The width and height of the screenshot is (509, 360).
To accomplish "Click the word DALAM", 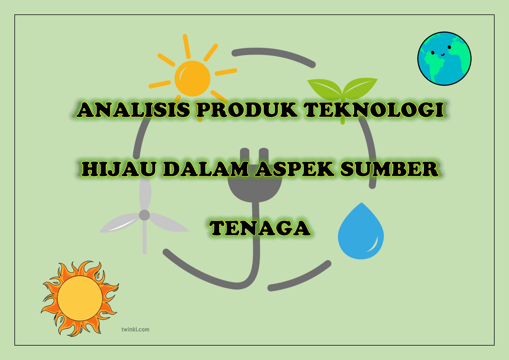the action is pos(206,169).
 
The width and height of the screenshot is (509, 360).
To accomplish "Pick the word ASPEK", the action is pos(294,169).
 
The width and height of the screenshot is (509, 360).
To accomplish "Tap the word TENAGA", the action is pos(260,228).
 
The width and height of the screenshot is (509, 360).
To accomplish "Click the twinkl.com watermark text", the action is pos(135,329).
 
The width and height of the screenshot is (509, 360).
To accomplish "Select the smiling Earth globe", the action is pos(445,59).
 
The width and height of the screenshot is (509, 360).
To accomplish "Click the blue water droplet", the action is pos(361,231).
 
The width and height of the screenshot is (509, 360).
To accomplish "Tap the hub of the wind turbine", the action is pos(144,215).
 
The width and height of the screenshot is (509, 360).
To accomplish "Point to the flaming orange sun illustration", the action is pos(80,298).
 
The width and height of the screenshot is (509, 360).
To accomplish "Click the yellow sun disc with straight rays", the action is pos(193,78).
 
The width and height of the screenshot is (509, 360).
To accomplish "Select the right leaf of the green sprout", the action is pos(360,87).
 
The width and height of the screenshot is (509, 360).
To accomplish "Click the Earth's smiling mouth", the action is pos(443,54).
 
